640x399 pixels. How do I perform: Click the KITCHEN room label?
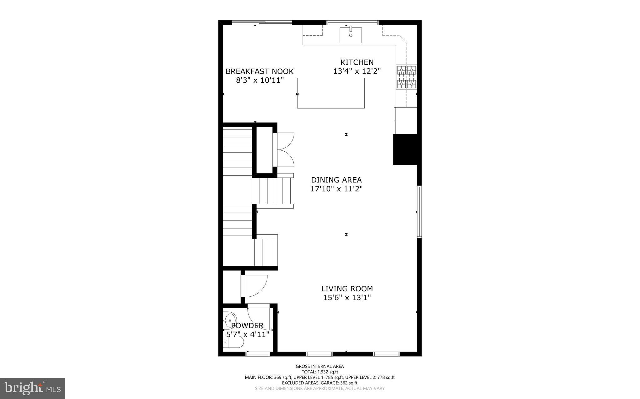357,62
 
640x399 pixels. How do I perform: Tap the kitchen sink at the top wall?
351,35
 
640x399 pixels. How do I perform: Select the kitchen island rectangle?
331,93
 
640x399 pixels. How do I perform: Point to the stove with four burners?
407,77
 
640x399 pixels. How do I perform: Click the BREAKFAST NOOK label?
259,71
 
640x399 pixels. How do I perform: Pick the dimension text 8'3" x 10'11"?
259,80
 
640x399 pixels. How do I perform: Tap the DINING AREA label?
336,180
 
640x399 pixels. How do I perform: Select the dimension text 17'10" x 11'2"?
336,189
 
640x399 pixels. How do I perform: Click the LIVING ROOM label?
347,289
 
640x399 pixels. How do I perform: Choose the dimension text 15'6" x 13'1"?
347,298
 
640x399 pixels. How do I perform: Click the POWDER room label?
247,326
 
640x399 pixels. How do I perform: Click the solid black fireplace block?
405,149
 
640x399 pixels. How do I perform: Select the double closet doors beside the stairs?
284,150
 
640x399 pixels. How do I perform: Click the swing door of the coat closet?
256,285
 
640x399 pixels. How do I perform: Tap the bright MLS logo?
32,388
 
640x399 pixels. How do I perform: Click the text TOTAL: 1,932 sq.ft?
320,372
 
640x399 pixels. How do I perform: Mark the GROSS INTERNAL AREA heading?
320,366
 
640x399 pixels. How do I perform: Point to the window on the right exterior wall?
419,212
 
